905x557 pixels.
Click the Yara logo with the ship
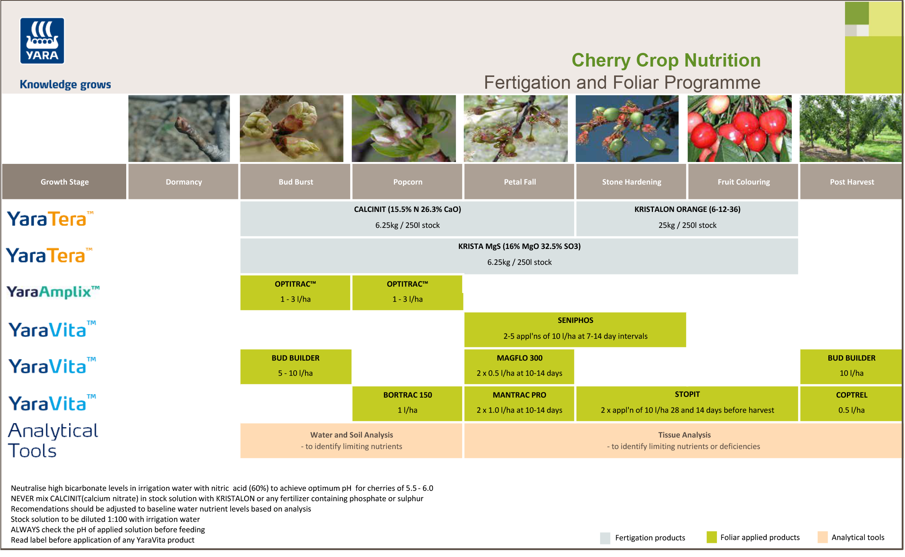42,41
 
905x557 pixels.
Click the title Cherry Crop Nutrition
666,60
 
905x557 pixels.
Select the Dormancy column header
183,182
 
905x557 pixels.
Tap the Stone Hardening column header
631,182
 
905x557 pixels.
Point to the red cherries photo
739,128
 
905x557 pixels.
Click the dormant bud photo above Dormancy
179,128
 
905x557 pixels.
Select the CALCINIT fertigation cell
407,218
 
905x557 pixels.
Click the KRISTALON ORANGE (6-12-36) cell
687,218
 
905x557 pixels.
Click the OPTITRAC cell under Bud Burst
295,292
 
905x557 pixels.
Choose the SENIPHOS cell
575,329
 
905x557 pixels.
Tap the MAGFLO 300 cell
519,366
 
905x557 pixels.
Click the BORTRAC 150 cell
407,403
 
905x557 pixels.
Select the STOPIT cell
687,403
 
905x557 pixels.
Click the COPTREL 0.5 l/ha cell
851,403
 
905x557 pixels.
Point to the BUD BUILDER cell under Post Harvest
851,366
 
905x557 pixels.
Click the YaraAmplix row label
53,292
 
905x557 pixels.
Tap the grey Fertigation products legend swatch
605,538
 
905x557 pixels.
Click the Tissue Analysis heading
684,435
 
